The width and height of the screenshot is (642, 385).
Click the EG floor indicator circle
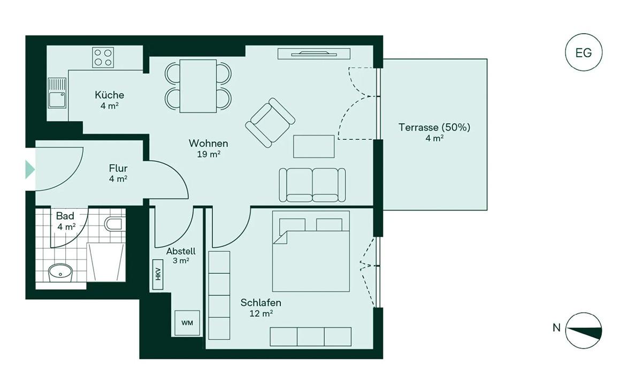point(584,53)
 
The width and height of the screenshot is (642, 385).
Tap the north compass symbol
point(584,330)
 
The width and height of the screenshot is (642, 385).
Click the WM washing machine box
point(187,323)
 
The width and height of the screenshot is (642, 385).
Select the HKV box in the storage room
point(158,274)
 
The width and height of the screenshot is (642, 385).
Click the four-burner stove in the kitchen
point(103,57)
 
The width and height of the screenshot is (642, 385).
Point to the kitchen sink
point(57,93)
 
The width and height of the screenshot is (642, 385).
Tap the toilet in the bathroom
point(114,224)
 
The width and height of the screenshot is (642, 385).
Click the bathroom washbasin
point(60,273)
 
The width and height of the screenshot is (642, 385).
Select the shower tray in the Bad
point(106,262)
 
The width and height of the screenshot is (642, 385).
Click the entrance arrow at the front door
point(30,170)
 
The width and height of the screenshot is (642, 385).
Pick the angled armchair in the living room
point(270,123)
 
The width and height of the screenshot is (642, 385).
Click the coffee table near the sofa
point(314,146)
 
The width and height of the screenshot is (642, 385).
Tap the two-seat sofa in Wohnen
point(312,185)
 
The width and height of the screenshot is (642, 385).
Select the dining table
point(198,86)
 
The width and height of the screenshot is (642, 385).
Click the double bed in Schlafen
point(311,251)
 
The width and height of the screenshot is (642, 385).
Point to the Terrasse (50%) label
point(434,127)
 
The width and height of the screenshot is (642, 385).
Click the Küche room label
point(110,95)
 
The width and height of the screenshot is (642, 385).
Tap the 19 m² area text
point(209,154)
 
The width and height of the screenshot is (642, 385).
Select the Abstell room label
point(181,251)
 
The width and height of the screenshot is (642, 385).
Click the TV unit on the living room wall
point(314,54)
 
